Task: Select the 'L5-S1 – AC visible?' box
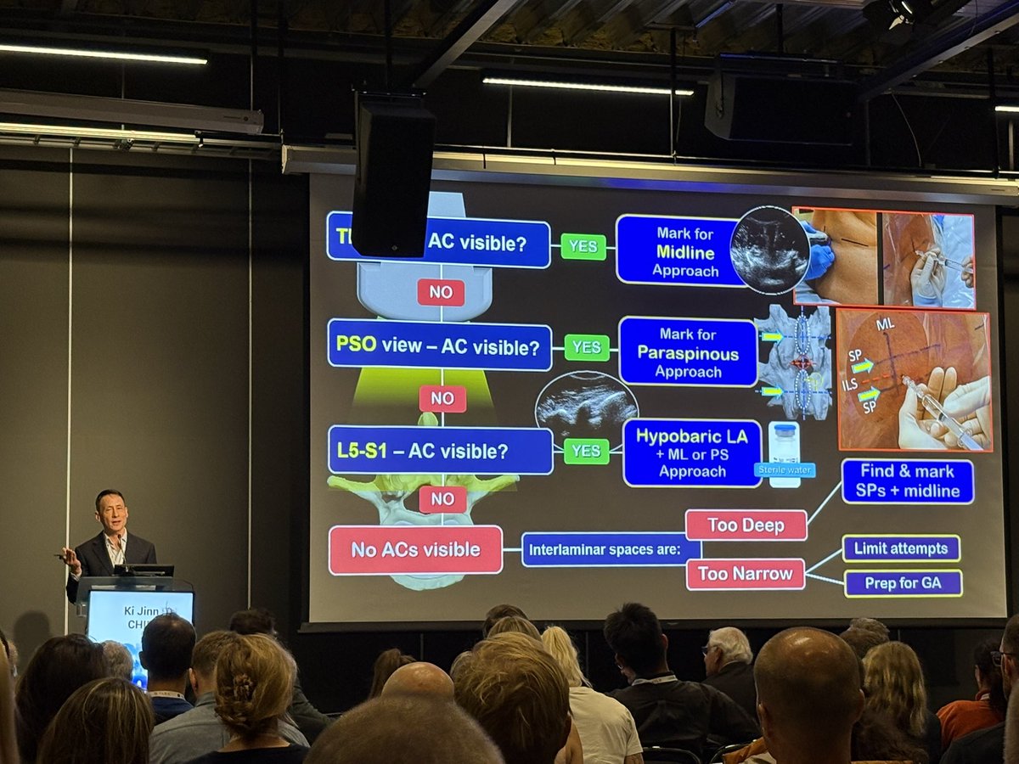coord(440,451)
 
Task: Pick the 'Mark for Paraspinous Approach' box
coord(687,351)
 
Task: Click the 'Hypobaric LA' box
coord(691,453)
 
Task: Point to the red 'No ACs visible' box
coord(415,550)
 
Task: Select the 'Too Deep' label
coord(746,525)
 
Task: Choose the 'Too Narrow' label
coord(745,574)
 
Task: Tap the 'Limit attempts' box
coord(901,548)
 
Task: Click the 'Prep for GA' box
coord(903,583)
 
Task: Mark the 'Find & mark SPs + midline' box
coord(907,480)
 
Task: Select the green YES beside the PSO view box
coord(587,347)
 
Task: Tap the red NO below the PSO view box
coord(442,398)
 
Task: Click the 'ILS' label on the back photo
coord(849,385)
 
